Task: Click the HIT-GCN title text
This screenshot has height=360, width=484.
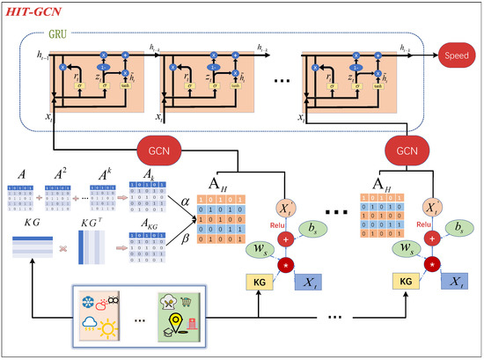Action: (40, 15)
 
